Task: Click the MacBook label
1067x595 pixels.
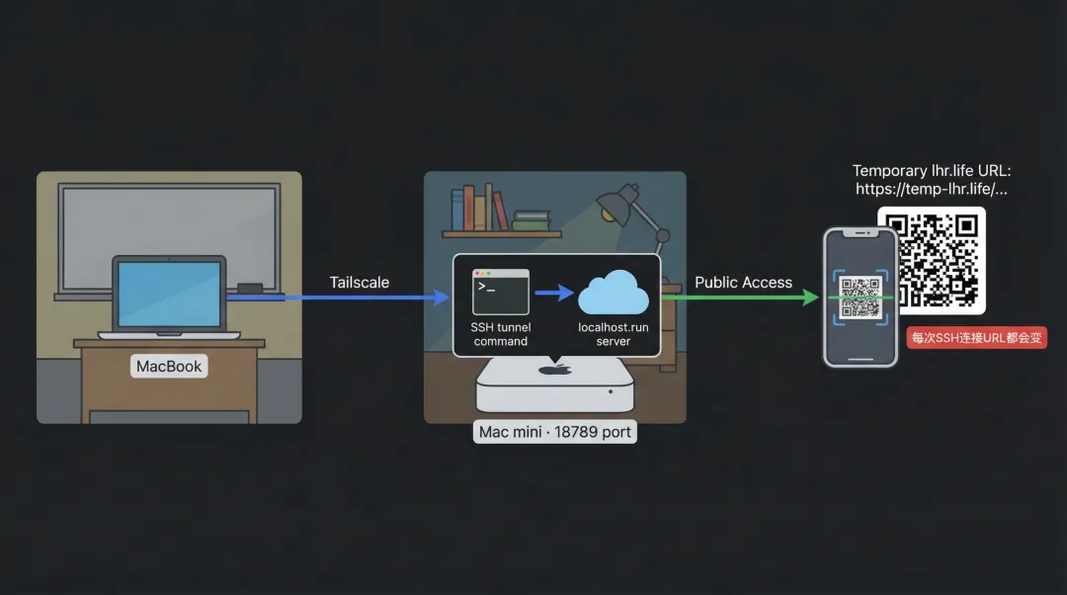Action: tap(169, 366)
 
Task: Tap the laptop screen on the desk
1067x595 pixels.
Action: tap(169, 295)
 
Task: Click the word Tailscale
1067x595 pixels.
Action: tap(359, 283)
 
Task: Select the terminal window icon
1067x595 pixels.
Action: tap(500, 292)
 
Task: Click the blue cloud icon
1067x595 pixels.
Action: tap(613, 293)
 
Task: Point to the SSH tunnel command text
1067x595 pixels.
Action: tap(500, 334)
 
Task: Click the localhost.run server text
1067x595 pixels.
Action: tap(613, 334)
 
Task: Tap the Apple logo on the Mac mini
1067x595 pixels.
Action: tap(554, 370)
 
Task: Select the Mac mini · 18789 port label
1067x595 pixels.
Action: tap(554, 432)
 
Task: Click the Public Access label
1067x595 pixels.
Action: tap(743, 283)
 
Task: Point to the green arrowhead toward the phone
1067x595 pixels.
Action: tap(810, 297)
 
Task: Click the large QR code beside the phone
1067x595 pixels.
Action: tap(931, 260)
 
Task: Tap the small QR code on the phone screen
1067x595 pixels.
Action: tap(860, 297)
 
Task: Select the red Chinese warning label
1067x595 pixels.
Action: tap(976, 338)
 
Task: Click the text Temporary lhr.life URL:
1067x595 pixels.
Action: tap(932, 171)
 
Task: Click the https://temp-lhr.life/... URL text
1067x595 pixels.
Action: tap(932, 189)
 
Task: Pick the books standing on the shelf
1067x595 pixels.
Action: tap(479, 209)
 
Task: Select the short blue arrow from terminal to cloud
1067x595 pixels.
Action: tap(554, 293)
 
